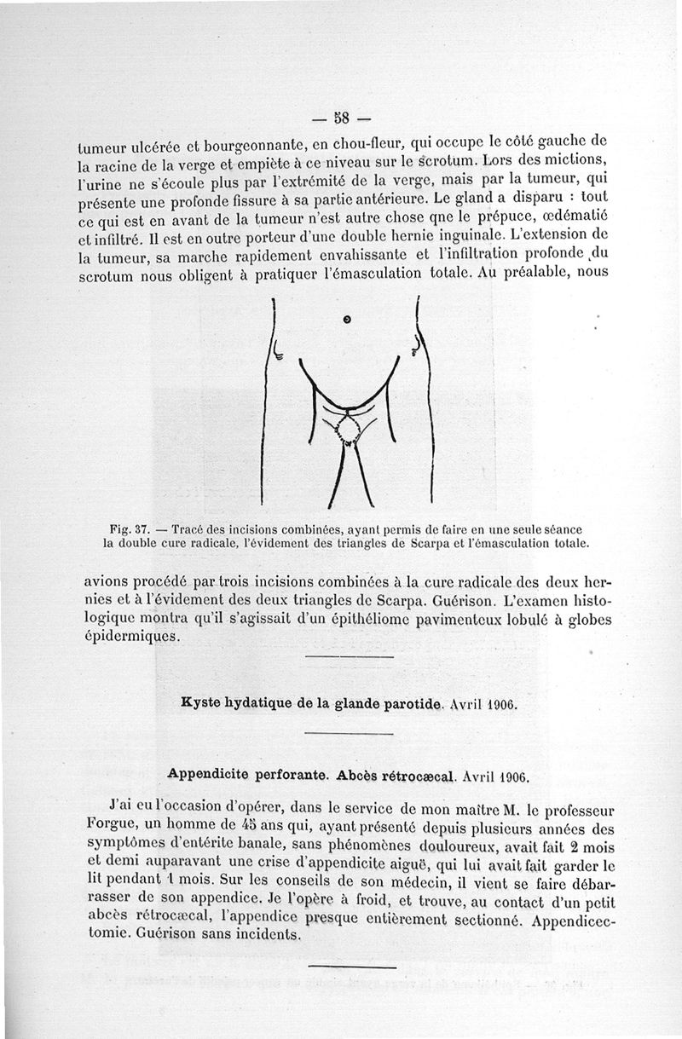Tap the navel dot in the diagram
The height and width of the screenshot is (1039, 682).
(347, 320)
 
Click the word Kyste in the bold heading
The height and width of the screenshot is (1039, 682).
(203, 704)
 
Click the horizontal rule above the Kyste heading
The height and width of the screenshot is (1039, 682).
(349, 657)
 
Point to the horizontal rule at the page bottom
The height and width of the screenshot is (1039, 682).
(352, 967)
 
